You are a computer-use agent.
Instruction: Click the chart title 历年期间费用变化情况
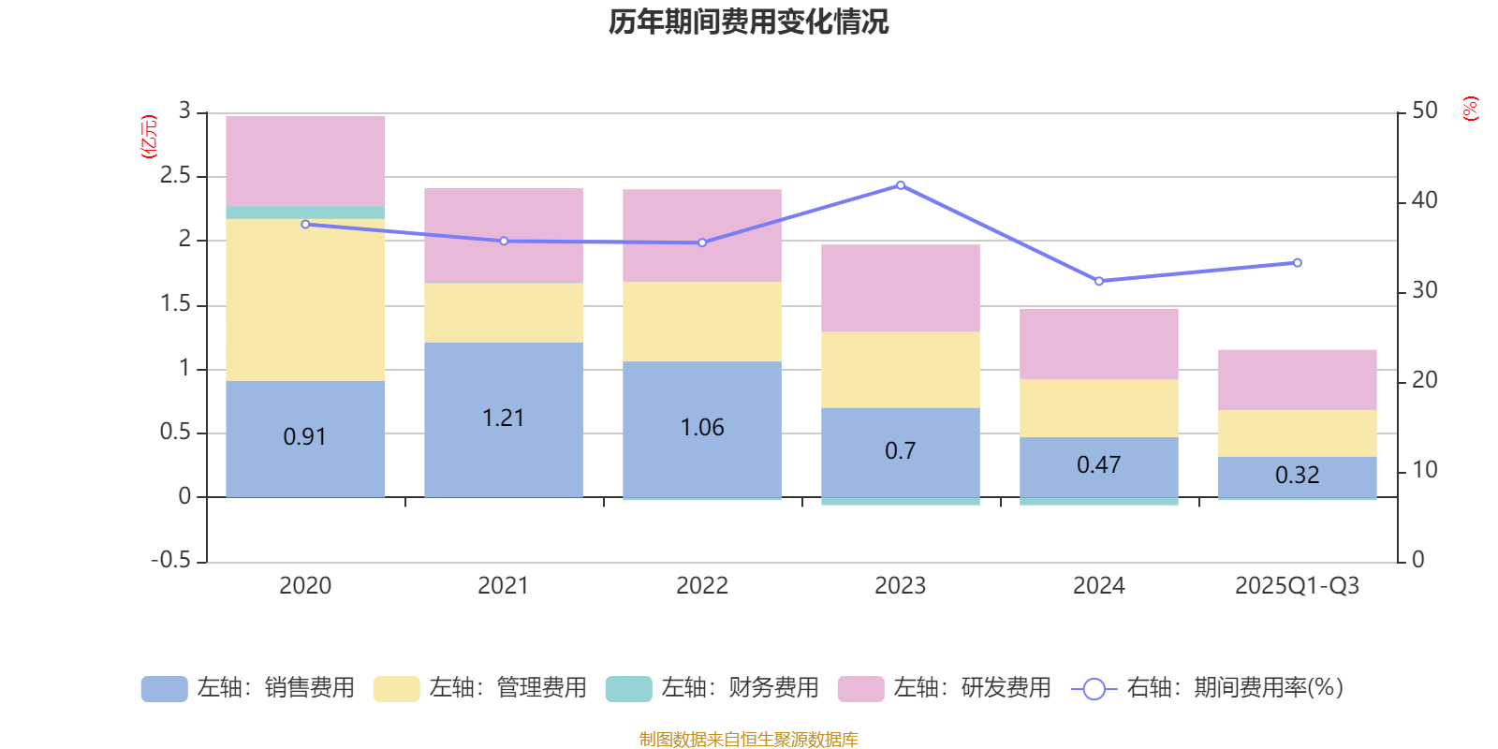coord(748,22)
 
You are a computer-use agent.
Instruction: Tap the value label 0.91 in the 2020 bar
coord(305,437)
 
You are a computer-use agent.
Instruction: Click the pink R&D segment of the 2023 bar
coord(901,288)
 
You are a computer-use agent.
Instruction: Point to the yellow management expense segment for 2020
coord(305,300)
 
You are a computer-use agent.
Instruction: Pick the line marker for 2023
coord(901,185)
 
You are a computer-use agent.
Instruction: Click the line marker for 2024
coord(1099,281)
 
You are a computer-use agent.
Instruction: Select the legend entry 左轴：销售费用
coord(248,688)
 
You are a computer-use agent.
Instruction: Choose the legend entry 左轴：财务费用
coord(712,688)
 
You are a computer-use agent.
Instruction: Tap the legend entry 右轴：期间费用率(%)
coord(1208,688)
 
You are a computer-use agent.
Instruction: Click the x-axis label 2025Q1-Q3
coord(1297,586)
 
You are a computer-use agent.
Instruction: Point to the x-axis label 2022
coord(702,586)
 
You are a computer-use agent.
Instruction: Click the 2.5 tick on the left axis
coord(175,176)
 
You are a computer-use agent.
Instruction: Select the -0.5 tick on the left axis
coord(171,560)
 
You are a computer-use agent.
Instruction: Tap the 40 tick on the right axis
coord(1424,200)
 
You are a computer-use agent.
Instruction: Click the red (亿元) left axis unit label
coord(148,137)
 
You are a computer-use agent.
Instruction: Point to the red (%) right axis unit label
coord(1471,109)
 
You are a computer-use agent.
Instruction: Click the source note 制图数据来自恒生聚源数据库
coord(748,740)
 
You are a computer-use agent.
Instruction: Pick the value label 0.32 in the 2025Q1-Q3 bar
coord(1297,476)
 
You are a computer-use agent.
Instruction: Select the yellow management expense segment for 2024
coord(1099,408)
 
